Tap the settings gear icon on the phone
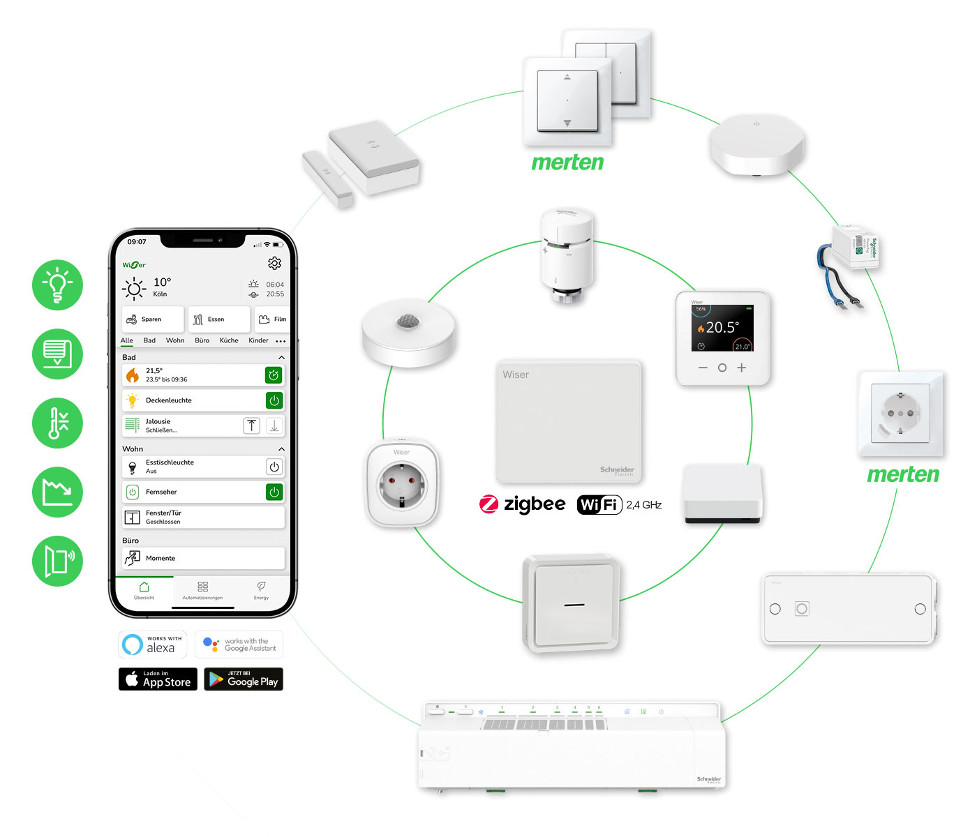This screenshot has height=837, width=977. pos(274,263)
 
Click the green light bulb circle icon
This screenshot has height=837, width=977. pos(57,285)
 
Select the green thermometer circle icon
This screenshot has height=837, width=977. pos(57,423)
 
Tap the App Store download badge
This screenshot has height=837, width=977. pos(158,679)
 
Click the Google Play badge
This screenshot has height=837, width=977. pos(244,679)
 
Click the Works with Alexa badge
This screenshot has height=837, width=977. pos(153,644)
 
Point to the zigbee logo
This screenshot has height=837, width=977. pos(522,504)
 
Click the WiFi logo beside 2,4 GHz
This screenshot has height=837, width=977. pos(599,504)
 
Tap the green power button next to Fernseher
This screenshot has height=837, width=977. pos(274,492)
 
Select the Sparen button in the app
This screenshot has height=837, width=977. pos(152,319)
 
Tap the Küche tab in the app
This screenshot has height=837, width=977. pos(229,340)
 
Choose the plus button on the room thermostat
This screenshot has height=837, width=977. pos(741,368)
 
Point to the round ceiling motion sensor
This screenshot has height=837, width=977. pos(408,332)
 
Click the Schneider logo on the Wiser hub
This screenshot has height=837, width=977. pos(617,471)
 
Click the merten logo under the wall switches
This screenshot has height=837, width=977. pos(567,163)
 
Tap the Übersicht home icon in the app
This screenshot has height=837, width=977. pos(144,587)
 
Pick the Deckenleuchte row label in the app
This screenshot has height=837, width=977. pos(168,400)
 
